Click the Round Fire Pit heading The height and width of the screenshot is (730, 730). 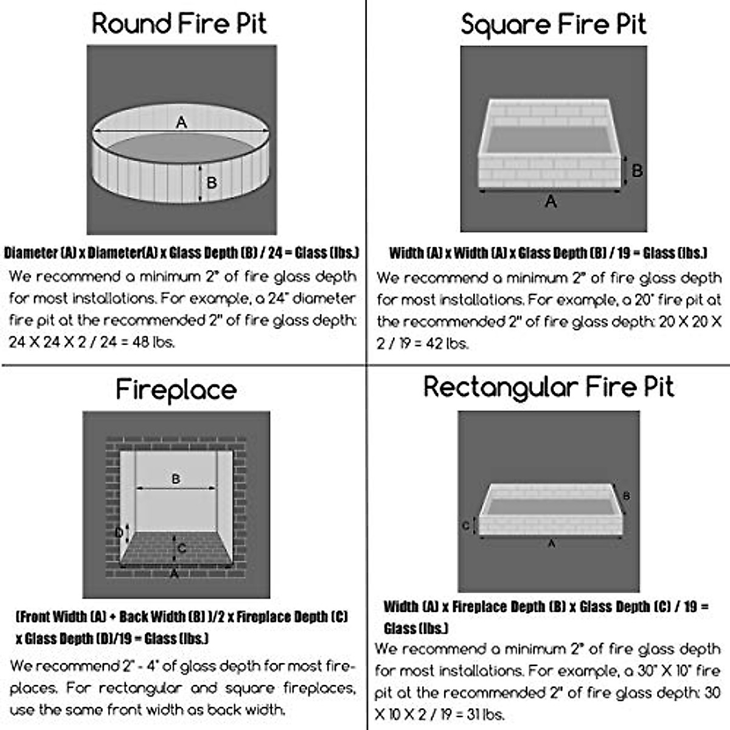pyautogui.click(x=179, y=24)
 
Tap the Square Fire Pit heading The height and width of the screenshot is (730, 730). pyautogui.click(x=553, y=25)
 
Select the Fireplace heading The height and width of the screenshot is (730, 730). pyautogui.click(x=176, y=390)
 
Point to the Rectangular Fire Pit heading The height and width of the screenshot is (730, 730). pyautogui.click(x=549, y=388)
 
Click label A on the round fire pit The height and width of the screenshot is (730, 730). pyautogui.click(x=181, y=123)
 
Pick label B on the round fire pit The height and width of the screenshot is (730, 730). pyautogui.click(x=212, y=182)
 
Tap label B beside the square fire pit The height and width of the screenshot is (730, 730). pyautogui.click(x=637, y=171)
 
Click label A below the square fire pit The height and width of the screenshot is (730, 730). pyautogui.click(x=551, y=201)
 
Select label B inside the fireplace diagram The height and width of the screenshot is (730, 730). pyautogui.click(x=176, y=479)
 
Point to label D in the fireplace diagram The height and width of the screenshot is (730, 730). pyautogui.click(x=120, y=534)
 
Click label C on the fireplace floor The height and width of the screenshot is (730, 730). pyautogui.click(x=182, y=549)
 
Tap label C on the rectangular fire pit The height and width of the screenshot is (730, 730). pyautogui.click(x=465, y=526)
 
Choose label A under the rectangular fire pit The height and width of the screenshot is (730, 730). pyautogui.click(x=551, y=544)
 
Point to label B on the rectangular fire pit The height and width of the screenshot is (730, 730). pyautogui.click(x=627, y=496)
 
